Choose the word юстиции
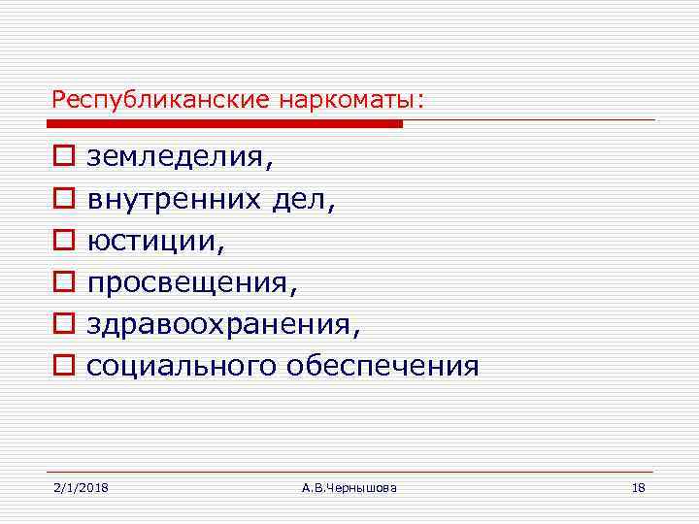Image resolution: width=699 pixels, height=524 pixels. (155, 241)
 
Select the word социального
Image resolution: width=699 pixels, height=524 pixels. (182, 366)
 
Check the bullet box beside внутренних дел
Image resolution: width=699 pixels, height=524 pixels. (62, 199)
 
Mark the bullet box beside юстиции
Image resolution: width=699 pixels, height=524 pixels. (62, 241)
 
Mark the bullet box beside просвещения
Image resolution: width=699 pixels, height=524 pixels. (62, 282)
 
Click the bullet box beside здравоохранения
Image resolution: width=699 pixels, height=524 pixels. (62, 324)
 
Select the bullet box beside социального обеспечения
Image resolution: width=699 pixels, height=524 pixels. (62, 366)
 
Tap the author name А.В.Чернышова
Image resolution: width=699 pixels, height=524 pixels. (349, 487)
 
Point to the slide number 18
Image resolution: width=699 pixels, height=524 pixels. (638, 487)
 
